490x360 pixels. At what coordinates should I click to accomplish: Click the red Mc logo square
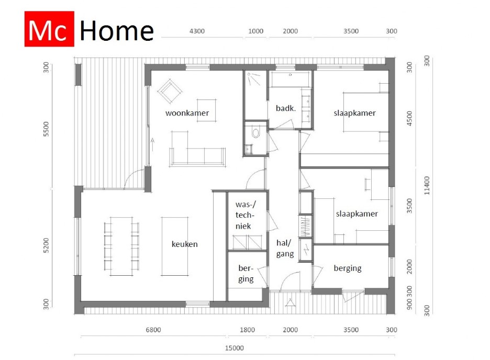[49, 29]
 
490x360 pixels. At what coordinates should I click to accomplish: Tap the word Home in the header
[117, 31]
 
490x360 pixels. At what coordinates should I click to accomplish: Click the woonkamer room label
[187, 113]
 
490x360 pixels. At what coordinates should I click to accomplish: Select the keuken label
[184, 244]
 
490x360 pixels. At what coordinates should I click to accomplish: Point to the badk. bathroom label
[286, 108]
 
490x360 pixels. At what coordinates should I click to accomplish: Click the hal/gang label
[285, 249]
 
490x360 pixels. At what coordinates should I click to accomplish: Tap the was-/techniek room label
[246, 215]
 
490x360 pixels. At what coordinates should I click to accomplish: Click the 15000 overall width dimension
[235, 348]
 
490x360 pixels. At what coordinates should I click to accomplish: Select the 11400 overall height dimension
[427, 185]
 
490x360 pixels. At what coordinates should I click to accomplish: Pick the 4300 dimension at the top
[197, 31]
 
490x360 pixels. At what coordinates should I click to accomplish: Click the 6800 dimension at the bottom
[153, 330]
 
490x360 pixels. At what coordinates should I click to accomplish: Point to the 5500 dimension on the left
[46, 129]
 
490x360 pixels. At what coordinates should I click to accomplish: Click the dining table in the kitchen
[121, 246]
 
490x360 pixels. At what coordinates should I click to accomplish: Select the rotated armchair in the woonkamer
[170, 91]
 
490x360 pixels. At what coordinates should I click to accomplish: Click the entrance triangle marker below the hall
[291, 302]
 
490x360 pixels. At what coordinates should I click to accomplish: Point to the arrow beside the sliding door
[152, 144]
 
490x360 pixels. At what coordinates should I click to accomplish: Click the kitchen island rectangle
[175, 246]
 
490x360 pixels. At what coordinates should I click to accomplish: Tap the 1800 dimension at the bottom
[247, 330]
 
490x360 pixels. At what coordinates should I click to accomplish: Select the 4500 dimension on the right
[409, 119]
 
